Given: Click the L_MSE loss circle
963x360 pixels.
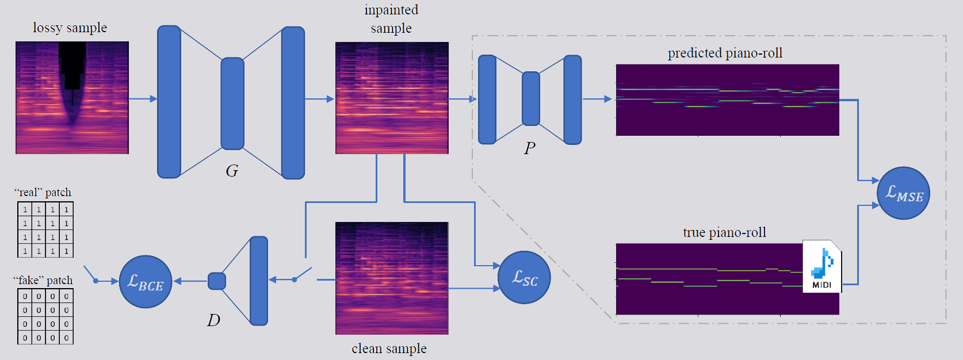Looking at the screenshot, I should coord(903,193).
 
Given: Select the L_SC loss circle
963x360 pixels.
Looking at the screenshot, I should coord(524,278).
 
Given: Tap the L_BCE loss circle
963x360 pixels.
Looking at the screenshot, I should coord(146,282).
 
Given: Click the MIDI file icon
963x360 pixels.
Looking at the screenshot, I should coord(822,266).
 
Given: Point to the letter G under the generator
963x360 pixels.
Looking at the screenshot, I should coord(232,171).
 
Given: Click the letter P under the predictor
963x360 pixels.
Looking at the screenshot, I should coord(529,148).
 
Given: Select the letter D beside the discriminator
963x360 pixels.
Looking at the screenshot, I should coord(213,320).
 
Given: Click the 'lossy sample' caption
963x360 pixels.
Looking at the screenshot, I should coord(70,28).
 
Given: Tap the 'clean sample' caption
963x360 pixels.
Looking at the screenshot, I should coord(389,348).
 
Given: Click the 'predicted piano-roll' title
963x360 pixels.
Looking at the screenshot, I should coord(725,53).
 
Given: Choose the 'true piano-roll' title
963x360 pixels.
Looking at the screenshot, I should coord(724,232).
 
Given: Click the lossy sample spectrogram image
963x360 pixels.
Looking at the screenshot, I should coord(72,98).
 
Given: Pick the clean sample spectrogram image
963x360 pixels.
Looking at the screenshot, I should coord(392,278).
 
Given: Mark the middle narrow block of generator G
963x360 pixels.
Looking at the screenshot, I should coord(232,104).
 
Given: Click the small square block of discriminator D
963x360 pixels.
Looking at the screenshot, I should coord(217,281).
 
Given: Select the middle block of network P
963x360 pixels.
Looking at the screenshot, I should coord(531,98).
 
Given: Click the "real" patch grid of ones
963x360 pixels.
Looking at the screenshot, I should coord(45,229).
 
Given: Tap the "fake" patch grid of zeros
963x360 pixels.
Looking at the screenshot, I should coord(45,316).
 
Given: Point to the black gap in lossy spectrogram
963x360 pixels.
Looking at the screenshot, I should coord(72,66).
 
